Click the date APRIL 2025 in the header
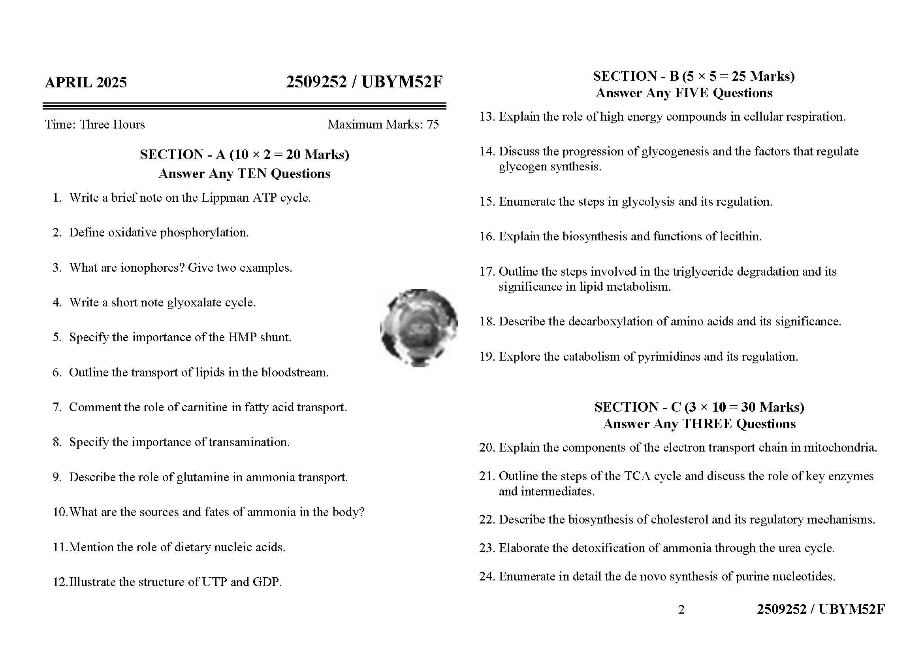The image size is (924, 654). coord(86,83)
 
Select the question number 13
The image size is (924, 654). coord(487,117)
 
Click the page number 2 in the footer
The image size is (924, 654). coord(681,610)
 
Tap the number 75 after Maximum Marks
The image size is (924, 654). coord(433,125)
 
